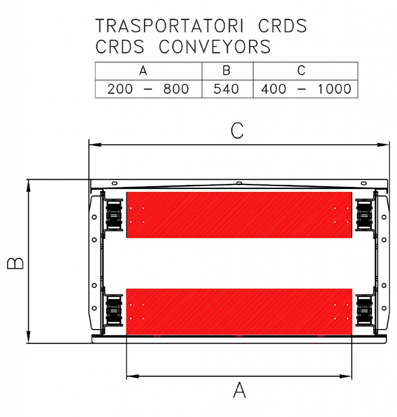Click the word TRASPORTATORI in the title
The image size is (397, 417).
(169, 26)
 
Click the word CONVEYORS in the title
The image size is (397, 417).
(215, 46)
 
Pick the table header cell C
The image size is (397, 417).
(305, 71)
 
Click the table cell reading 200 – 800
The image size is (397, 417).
(148, 89)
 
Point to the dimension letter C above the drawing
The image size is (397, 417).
(237, 131)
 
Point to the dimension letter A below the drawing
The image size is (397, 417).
(240, 390)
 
